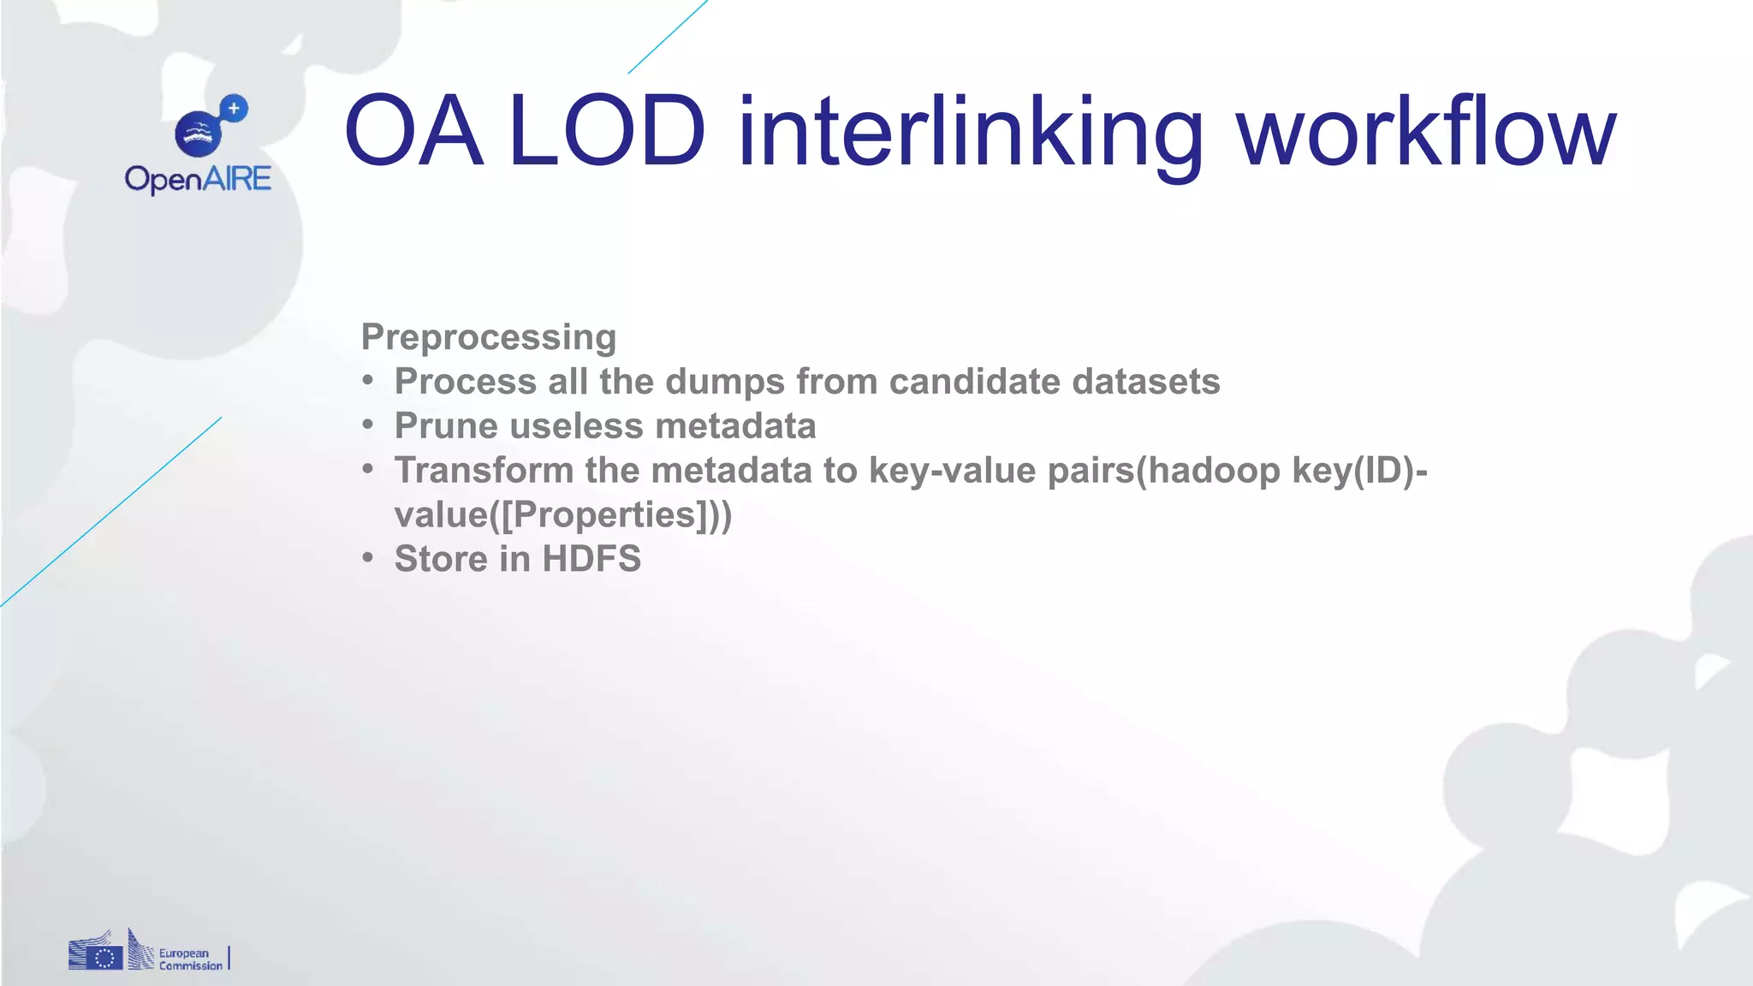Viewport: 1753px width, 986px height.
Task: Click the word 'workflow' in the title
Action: pyautogui.click(x=1426, y=133)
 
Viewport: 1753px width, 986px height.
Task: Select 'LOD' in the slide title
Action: pyautogui.click(x=607, y=133)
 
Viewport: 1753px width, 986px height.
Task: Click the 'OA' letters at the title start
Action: pyautogui.click(x=413, y=133)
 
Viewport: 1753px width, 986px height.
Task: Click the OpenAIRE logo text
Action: pyautogui.click(x=198, y=179)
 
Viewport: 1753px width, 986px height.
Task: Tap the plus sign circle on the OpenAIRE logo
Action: pyautogui.click(x=234, y=109)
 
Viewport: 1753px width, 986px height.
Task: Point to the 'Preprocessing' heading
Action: pyautogui.click(x=488, y=337)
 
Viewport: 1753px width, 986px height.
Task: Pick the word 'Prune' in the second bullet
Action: pyautogui.click(x=445, y=426)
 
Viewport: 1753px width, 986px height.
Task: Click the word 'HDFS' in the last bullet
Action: pyautogui.click(x=591, y=559)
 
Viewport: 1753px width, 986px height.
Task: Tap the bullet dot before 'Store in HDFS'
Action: pyautogui.click(x=368, y=558)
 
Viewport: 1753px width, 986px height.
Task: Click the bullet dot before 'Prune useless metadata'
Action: pyautogui.click(x=368, y=425)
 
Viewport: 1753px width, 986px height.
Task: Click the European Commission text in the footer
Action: pyautogui.click(x=190, y=959)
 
